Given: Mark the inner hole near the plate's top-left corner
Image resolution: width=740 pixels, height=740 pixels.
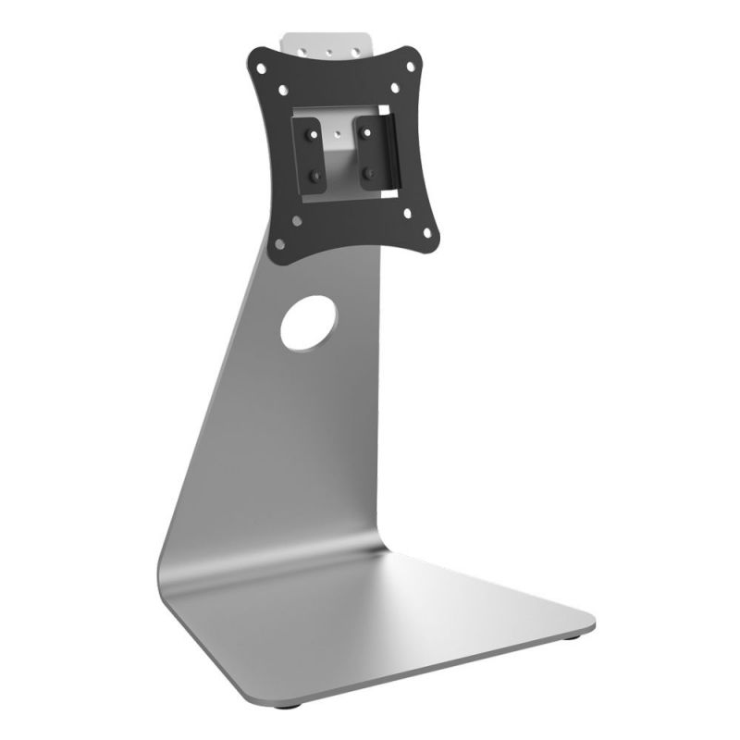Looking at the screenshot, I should (283, 90).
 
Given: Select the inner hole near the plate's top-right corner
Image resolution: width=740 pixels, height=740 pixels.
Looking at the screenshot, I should (395, 89).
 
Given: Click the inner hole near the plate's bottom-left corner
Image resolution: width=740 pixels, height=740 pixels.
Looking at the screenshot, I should (297, 220).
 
